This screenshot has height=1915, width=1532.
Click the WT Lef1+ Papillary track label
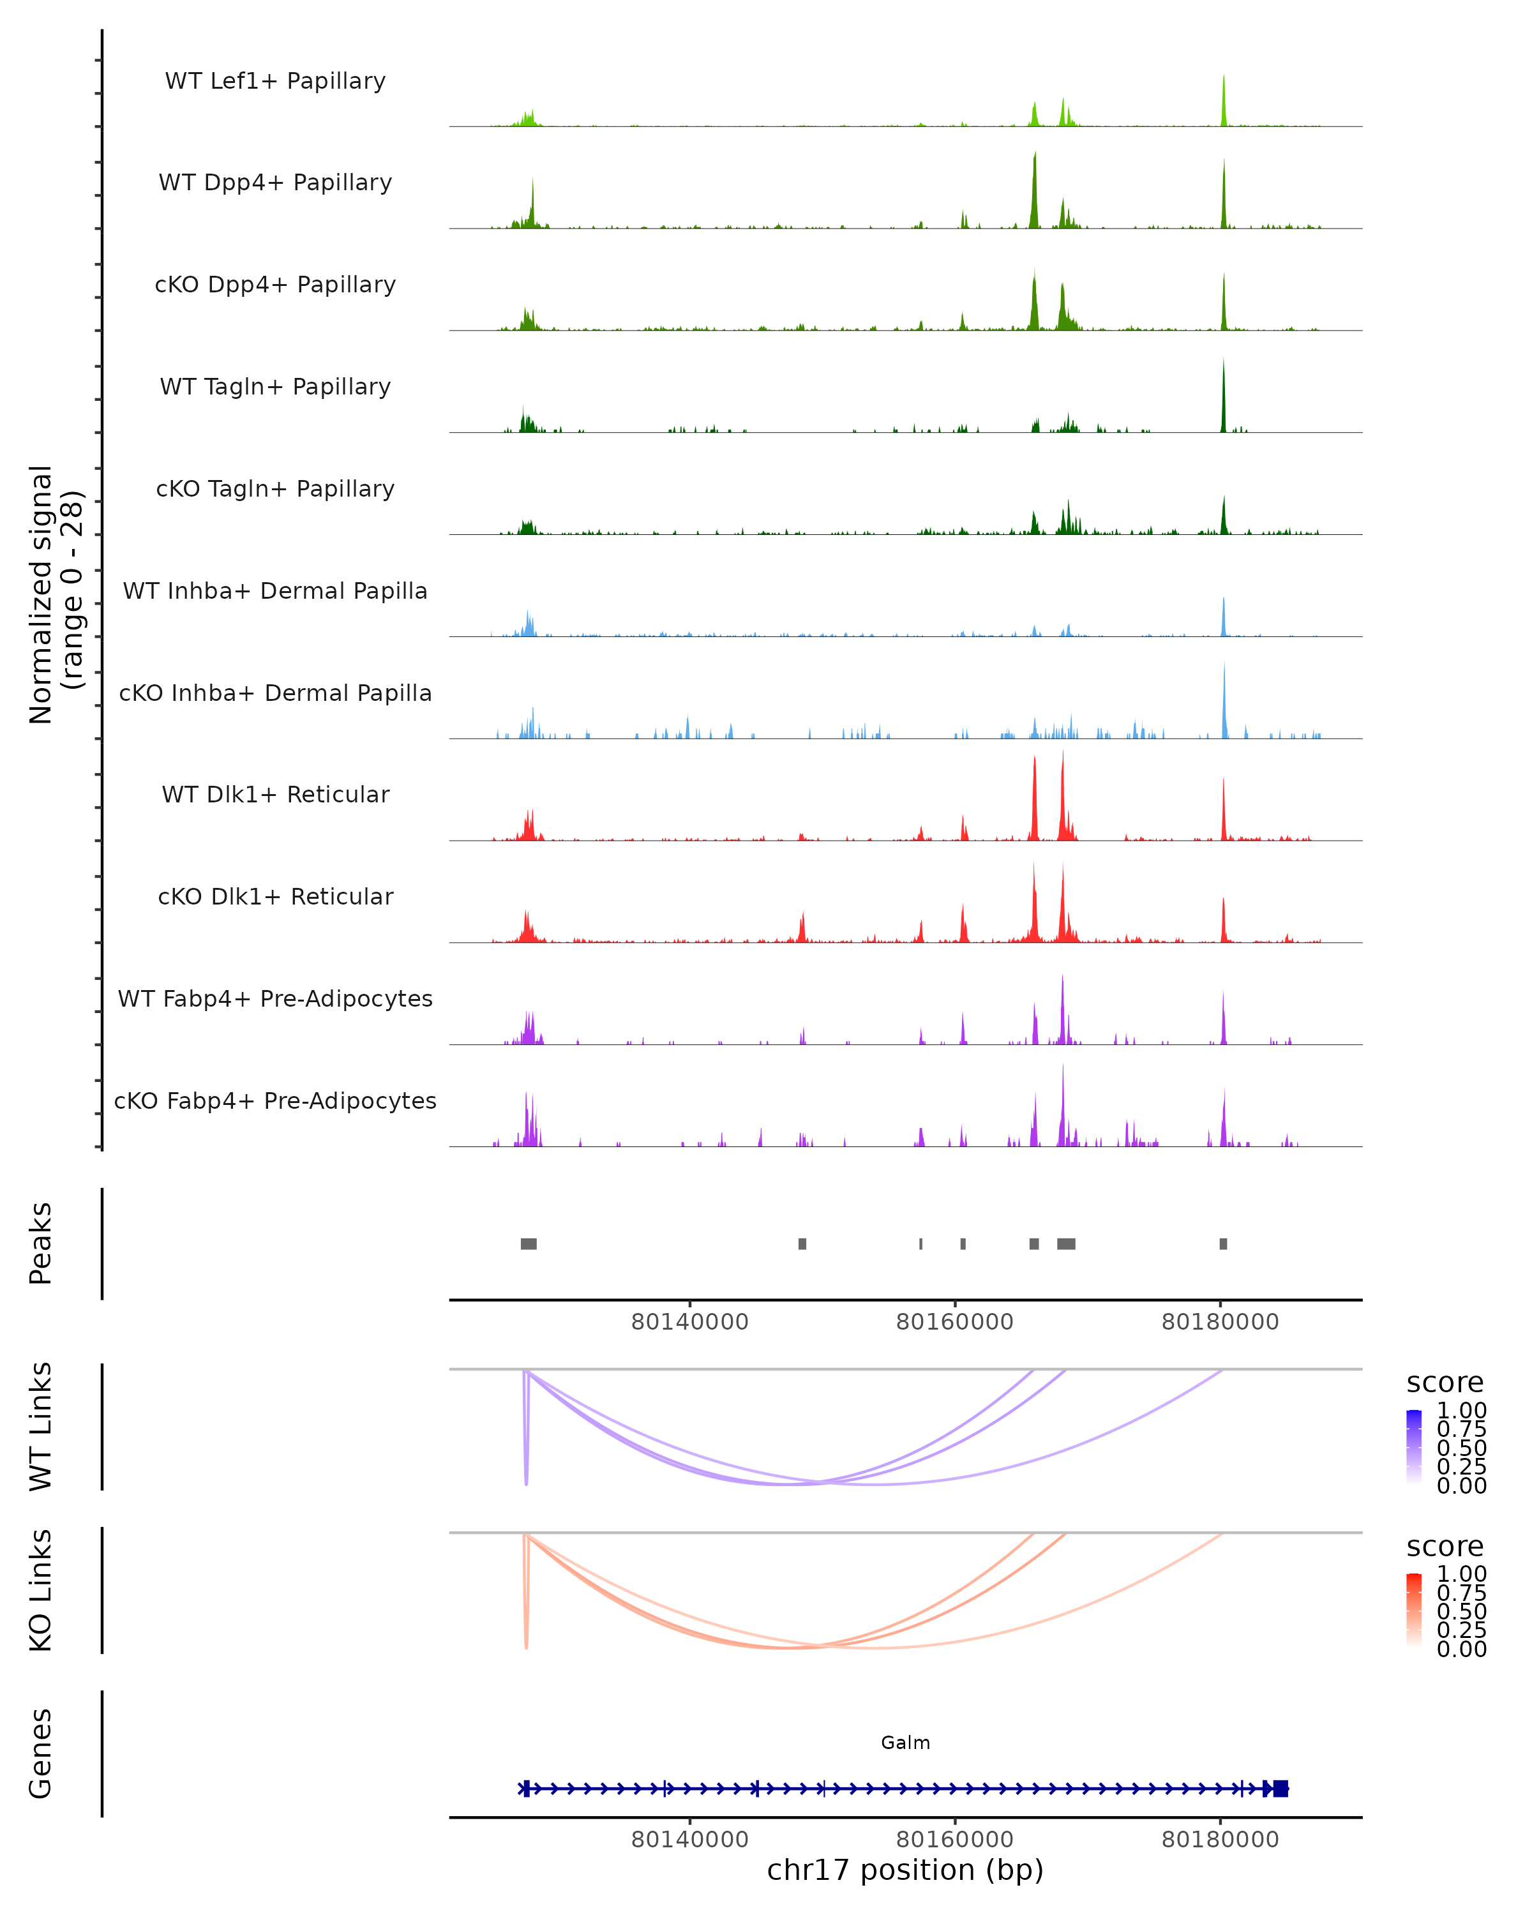coord(275,81)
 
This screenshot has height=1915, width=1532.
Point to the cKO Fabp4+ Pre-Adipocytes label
coord(275,1100)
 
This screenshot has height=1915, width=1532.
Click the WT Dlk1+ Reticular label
coord(275,794)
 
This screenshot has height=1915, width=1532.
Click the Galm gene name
coord(905,1743)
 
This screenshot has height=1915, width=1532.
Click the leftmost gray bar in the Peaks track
coord(529,1243)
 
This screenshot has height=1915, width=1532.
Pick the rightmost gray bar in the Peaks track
coord(1223,1243)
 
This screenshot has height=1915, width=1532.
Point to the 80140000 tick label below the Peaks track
coord(689,1322)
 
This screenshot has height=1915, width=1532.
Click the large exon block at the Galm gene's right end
coord(1280,1789)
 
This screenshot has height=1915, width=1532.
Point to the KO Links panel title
coord(41,1590)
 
